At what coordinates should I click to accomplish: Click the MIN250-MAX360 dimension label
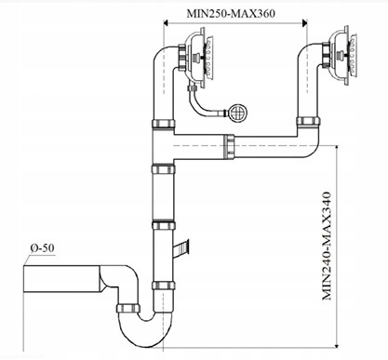click(231, 14)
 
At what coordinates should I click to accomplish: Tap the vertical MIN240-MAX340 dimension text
click(327, 247)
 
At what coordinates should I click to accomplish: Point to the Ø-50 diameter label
click(42, 248)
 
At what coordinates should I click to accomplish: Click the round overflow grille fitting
click(238, 113)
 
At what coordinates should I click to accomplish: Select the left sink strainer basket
click(198, 58)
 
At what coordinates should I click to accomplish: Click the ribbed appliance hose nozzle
click(181, 248)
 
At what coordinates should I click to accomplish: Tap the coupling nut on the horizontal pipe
click(229, 147)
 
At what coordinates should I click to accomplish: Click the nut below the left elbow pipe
click(164, 124)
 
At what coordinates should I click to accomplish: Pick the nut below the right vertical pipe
click(308, 121)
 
